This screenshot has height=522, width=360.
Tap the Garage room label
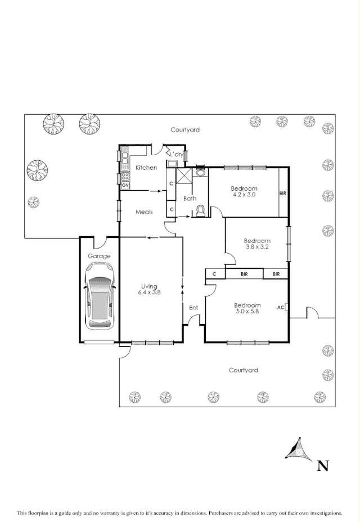(x=99, y=256)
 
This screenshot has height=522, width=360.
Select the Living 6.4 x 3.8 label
(x=149, y=289)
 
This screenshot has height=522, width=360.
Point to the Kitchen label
(x=146, y=168)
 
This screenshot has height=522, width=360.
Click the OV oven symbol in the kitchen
(x=125, y=184)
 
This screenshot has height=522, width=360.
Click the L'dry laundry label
(x=177, y=154)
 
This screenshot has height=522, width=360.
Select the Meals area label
(x=145, y=212)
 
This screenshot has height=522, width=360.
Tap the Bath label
(x=190, y=198)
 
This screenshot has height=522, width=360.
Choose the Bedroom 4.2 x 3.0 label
(x=244, y=191)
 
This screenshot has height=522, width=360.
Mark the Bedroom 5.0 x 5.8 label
(x=247, y=308)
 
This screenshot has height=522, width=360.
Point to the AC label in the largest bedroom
(x=281, y=307)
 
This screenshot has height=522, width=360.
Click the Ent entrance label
(x=193, y=307)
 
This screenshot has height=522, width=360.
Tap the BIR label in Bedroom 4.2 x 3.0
(x=283, y=193)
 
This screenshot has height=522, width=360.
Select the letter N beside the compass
(x=323, y=465)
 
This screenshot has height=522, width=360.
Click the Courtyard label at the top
(x=185, y=130)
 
